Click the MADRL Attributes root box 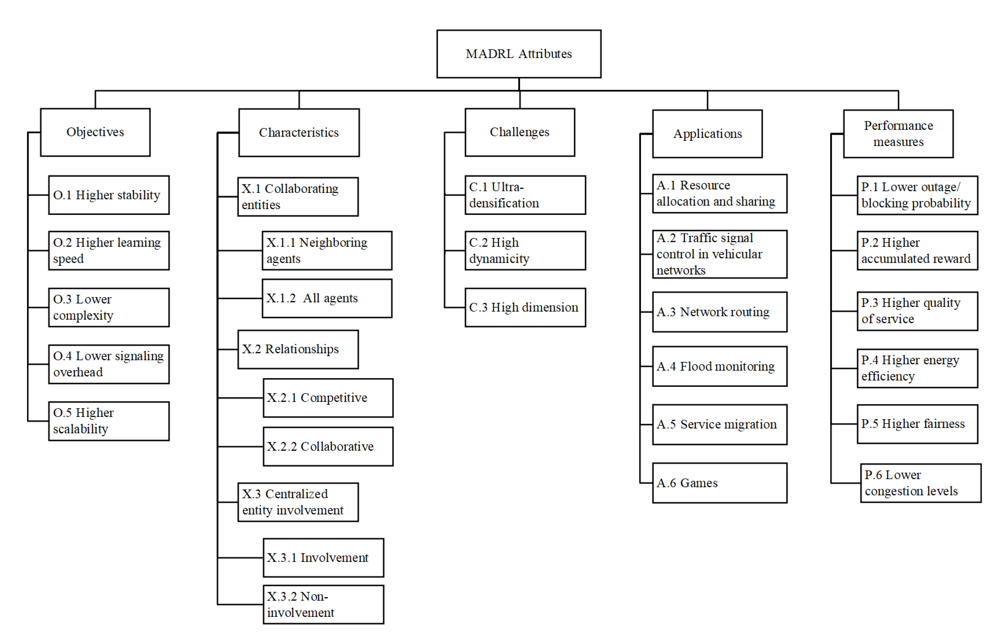click(519, 54)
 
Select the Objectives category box click(96, 132)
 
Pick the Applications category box click(707, 134)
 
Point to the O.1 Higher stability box click(109, 195)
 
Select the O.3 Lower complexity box click(109, 308)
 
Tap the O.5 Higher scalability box click(109, 421)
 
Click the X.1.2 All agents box click(327, 298)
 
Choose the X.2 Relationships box click(298, 349)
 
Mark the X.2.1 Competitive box click(328, 398)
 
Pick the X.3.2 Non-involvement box click(323, 604)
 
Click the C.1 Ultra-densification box click(525, 195)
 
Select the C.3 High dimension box click(525, 308)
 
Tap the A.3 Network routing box click(719, 312)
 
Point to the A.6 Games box click(719, 483)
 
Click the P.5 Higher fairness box click(917, 424)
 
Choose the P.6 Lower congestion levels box click(920, 483)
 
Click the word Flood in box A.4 click(696, 366)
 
